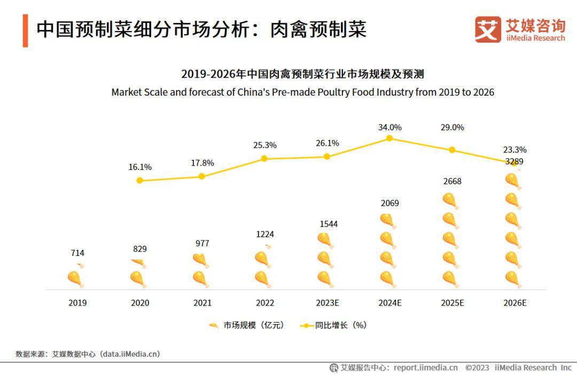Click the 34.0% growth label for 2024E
tap(389, 127)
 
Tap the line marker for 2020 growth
tap(139, 181)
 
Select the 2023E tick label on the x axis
tap(327, 303)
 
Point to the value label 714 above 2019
tap(77, 253)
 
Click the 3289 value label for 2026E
tap(514, 161)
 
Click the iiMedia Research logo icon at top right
tap(488, 29)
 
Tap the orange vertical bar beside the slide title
tap(25, 31)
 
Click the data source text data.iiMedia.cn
tap(131, 354)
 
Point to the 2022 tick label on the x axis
tap(264, 303)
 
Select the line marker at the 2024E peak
tap(389, 138)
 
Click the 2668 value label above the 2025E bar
tap(452, 182)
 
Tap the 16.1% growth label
tap(140, 167)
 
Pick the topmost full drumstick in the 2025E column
tap(450, 201)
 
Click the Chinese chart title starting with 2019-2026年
tap(302, 74)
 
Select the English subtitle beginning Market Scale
tap(302, 92)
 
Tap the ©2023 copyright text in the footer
tap(477, 368)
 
